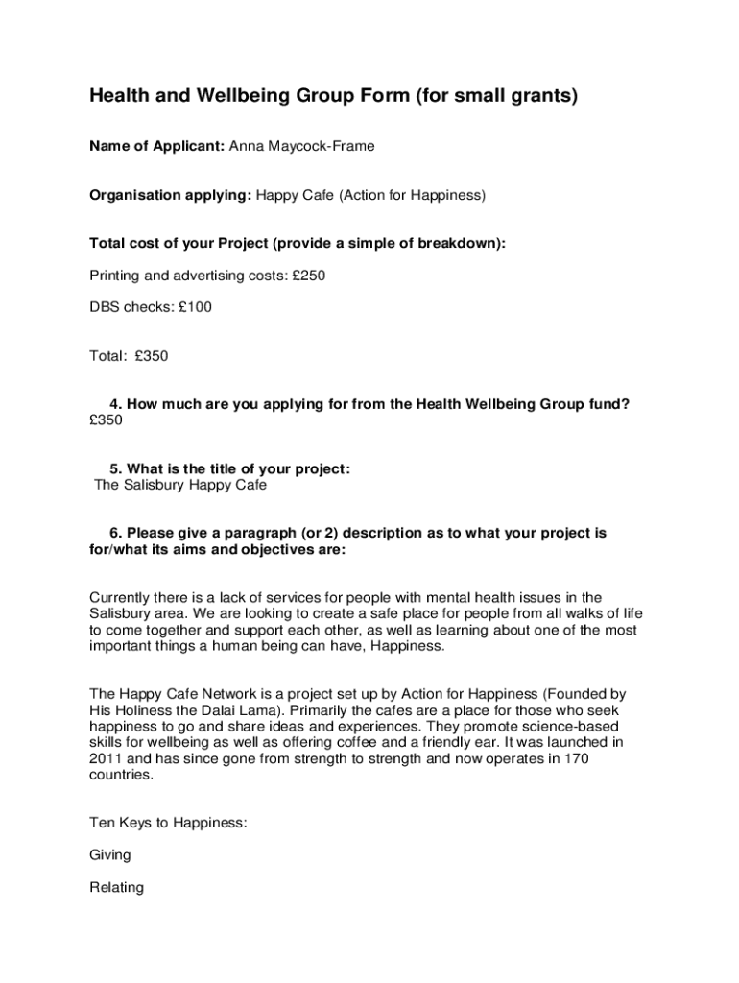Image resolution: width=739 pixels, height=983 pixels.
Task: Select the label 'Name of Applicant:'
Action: (157, 146)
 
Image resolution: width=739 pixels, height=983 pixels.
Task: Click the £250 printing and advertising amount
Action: (309, 276)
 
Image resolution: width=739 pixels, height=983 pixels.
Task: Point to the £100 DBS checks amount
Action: (195, 307)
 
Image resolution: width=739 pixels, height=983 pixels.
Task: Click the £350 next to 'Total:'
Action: (152, 356)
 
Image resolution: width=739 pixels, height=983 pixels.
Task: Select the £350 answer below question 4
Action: (107, 420)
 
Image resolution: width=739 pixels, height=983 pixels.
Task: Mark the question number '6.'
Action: (116, 533)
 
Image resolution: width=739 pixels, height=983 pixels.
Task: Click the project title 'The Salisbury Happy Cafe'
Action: (180, 485)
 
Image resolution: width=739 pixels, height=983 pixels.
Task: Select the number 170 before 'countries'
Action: (576, 758)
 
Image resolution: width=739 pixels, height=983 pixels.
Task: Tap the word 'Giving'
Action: (109, 854)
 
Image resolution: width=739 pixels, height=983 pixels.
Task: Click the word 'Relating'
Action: (116, 887)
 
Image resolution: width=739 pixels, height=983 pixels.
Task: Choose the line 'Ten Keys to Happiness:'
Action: (169, 823)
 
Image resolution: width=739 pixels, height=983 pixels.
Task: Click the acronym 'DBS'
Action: (105, 307)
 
